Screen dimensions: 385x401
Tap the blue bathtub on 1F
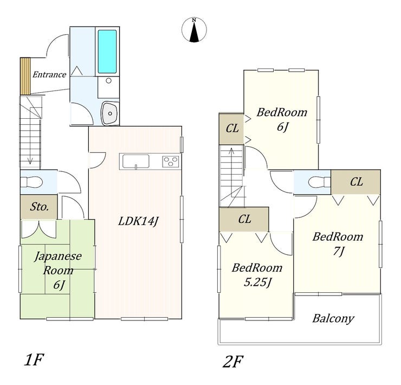click(x=107, y=52)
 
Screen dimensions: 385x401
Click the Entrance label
click(x=49, y=75)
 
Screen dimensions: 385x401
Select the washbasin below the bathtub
click(x=110, y=113)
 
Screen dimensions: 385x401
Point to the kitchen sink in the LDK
click(x=135, y=162)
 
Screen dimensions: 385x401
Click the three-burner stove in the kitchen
click(x=171, y=161)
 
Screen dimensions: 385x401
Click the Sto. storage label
click(x=40, y=207)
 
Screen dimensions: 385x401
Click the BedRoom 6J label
click(x=282, y=119)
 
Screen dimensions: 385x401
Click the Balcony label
click(x=333, y=318)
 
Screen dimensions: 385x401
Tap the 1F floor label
click(x=33, y=360)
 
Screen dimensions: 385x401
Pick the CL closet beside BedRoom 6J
click(x=232, y=129)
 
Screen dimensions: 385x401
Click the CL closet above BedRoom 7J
click(x=356, y=182)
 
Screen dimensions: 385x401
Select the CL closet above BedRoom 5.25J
click(x=244, y=219)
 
